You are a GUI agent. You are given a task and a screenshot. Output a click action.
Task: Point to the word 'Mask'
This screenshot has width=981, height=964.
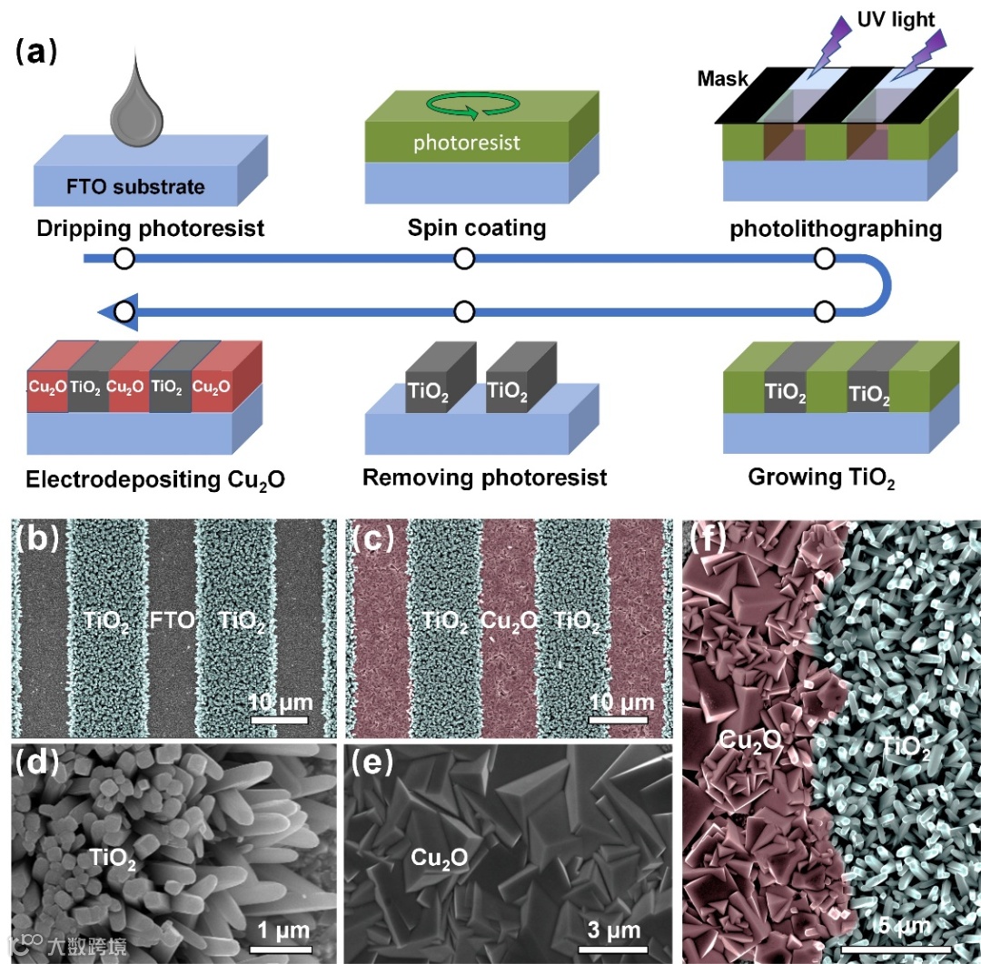point(722,79)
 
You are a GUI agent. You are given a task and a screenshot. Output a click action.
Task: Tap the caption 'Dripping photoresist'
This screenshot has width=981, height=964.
point(151,227)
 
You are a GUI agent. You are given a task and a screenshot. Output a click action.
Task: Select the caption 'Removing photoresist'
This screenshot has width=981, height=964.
point(484,477)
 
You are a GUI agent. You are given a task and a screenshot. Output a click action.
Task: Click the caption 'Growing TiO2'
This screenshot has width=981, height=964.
point(821,477)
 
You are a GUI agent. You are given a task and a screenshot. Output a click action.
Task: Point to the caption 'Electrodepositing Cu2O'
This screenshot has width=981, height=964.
point(155,477)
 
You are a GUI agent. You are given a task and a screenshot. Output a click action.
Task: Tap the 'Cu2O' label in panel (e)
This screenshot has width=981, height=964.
point(440,858)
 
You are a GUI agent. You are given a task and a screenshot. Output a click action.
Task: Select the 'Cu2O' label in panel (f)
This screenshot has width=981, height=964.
point(751,742)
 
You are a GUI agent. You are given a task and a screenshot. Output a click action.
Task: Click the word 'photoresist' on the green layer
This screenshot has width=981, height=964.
point(467,143)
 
